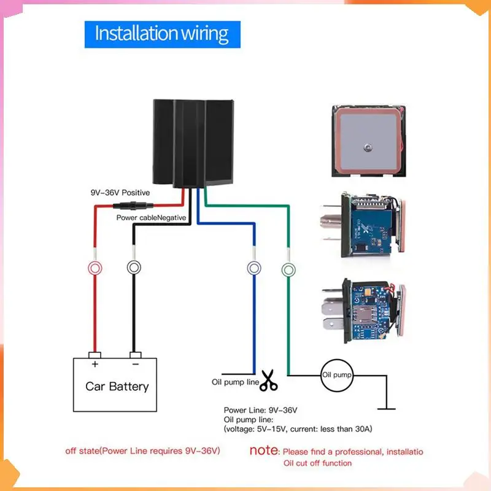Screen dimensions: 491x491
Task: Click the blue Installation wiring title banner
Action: point(162,34)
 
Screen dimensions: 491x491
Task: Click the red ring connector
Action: point(95,268)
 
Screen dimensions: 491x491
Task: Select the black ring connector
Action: point(134,268)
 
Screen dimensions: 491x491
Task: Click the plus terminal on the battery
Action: point(95,355)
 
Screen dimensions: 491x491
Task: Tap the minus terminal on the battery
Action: point(136,355)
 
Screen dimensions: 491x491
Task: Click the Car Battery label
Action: point(117,386)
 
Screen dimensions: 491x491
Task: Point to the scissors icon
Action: point(268,381)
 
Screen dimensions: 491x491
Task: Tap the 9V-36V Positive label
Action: point(120,193)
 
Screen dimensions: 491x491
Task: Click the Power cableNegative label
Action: point(151,217)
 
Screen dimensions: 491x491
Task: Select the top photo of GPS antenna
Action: point(366,141)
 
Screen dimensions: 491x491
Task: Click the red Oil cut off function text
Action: point(317,463)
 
